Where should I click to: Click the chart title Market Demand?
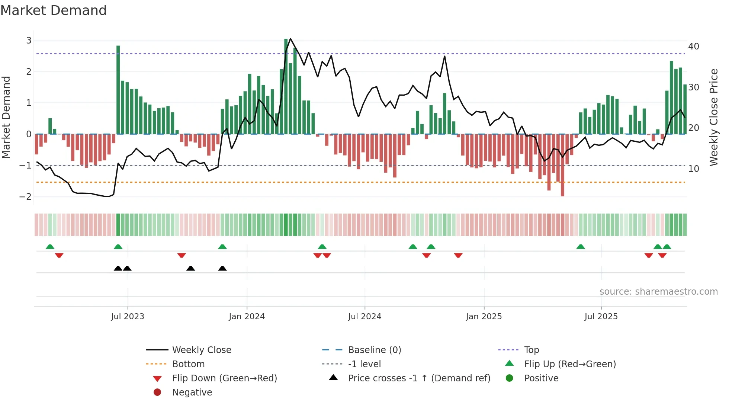click(54, 10)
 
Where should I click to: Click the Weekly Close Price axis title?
click(713, 117)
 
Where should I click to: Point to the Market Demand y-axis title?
click(6, 117)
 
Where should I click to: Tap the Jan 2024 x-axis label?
click(247, 317)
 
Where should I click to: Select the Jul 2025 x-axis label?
click(601, 317)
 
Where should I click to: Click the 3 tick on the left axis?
click(29, 40)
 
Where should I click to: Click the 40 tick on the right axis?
click(693, 47)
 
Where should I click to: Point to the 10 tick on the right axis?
click(693, 169)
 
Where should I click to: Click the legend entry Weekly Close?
click(201, 350)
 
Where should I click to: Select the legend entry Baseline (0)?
click(374, 350)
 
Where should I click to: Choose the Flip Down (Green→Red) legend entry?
click(224, 378)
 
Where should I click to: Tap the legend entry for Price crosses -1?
click(419, 378)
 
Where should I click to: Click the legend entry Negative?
click(192, 393)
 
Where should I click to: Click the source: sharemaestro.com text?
click(658, 292)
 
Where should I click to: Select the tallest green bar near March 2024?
click(286, 86)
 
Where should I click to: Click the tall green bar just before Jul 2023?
click(118, 89)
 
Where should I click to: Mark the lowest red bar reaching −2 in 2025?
click(562, 166)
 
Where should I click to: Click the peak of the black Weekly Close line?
click(290, 39)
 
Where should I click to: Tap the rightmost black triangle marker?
click(222, 269)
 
